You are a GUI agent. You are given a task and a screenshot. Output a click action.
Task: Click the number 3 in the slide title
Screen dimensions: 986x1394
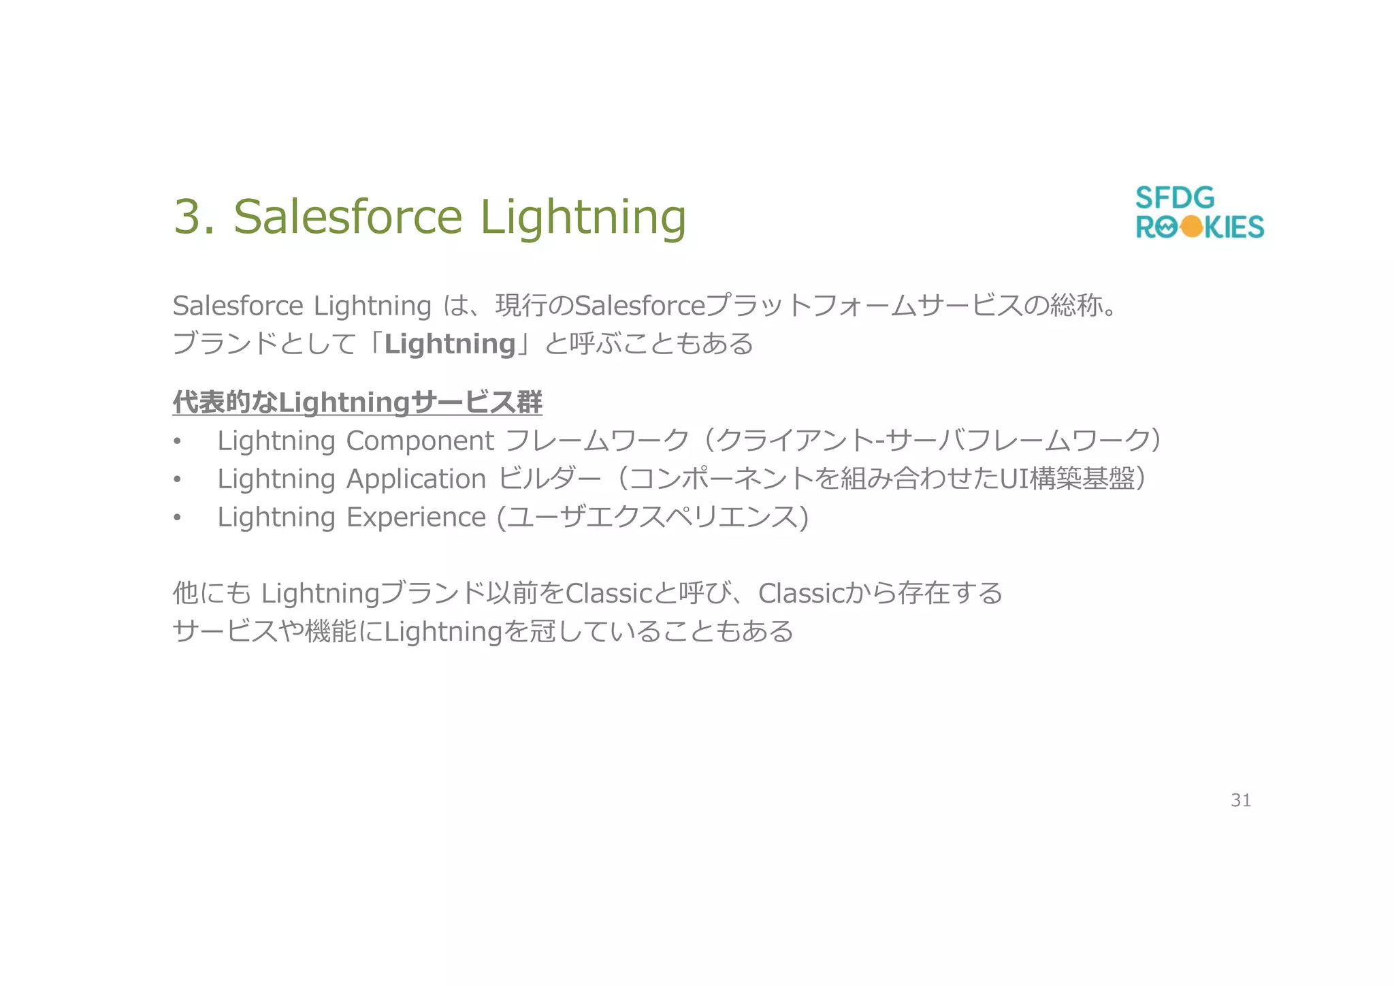(188, 217)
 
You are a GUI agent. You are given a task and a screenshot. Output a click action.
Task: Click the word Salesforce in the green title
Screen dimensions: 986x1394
(348, 217)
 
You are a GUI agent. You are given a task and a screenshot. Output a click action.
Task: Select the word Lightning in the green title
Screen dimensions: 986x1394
(583, 217)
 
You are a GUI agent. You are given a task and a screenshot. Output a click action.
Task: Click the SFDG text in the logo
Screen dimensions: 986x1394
(1174, 198)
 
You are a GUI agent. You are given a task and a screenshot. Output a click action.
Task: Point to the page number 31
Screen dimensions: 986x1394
(1240, 800)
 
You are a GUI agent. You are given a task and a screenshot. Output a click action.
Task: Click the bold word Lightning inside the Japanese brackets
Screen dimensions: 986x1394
(450, 344)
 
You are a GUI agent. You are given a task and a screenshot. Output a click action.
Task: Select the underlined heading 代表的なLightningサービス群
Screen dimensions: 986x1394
(357, 402)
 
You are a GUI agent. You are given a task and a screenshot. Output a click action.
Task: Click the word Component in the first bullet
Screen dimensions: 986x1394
(420, 441)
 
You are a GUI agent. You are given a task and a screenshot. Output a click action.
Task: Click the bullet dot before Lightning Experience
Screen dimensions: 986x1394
(177, 518)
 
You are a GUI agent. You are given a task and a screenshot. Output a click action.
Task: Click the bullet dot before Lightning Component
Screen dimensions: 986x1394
(177, 442)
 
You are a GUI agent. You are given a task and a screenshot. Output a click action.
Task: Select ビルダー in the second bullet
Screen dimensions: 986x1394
(550, 479)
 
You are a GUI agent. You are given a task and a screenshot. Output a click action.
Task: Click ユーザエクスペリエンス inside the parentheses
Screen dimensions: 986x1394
(653, 518)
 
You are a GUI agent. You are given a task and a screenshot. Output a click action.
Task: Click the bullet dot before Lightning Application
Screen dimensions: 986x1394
(177, 480)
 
